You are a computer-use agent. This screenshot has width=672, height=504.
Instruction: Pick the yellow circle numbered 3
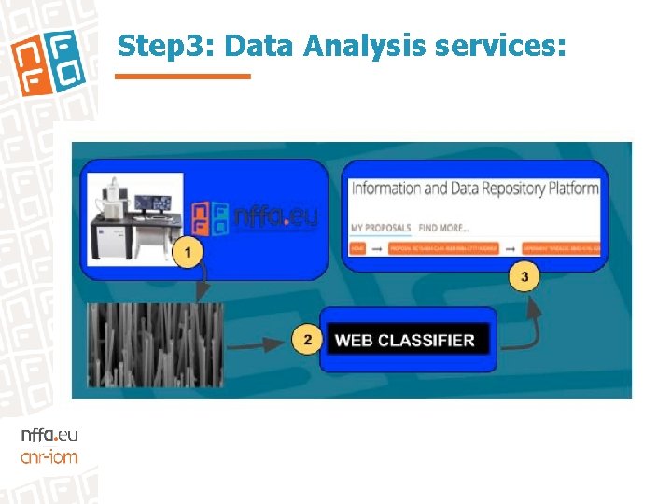click(x=524, y=278)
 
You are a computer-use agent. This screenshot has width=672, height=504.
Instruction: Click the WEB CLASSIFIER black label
click(x=404, y=341)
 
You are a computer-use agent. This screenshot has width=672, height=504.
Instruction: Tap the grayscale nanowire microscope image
click(x=155, y=343)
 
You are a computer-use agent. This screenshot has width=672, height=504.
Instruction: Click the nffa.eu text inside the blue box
click(x=275, y=217)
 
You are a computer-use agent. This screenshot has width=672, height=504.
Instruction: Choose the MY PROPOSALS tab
click(x=380, y=228)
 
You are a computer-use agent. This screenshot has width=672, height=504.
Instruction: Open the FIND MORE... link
click(x=443, y=228)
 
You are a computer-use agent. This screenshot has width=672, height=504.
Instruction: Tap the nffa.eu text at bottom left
click(x=49, y=436)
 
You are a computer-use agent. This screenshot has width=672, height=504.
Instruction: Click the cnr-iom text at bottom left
click(x=49, y=456)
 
